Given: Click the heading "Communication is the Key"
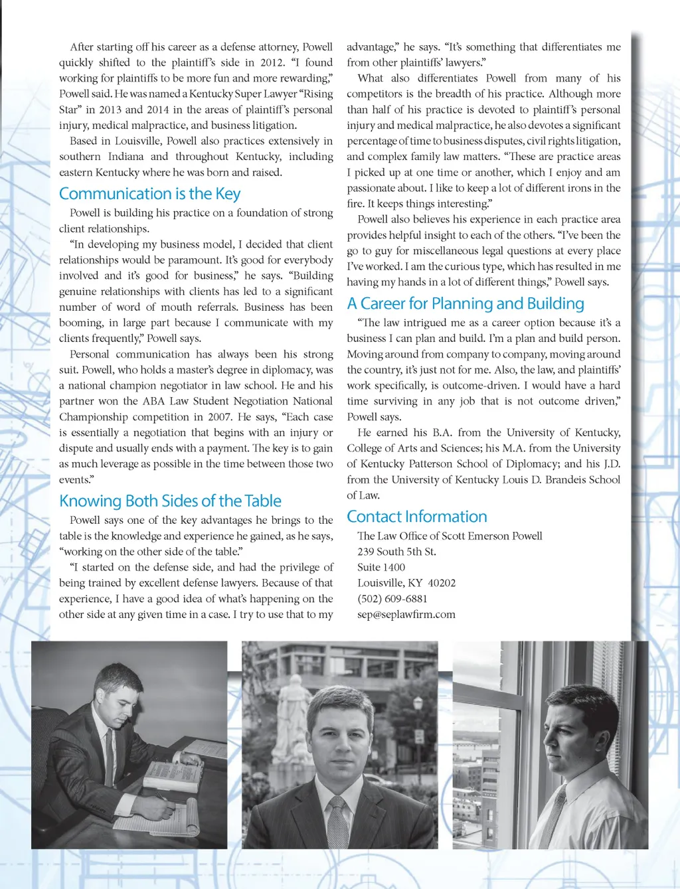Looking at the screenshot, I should click(x=149, y=194).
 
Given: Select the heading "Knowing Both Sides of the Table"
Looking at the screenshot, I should click(x=170, y=501).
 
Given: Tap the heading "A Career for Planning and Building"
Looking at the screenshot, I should click(x=466, y=304).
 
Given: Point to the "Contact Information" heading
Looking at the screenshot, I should click(x=417, y=517).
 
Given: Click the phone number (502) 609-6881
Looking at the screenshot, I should click(x=392, y=599).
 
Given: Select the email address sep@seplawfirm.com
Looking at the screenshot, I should click(x=406, y=615).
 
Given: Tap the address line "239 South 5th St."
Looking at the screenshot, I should click(x=396, y=552).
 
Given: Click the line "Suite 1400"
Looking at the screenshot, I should click(x=381, y=568).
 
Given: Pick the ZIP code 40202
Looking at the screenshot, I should click(x=442, y=583).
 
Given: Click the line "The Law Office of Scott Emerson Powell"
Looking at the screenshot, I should click(x=450, y=536).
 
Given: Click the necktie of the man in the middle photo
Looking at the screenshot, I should click(x=338, y=823).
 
